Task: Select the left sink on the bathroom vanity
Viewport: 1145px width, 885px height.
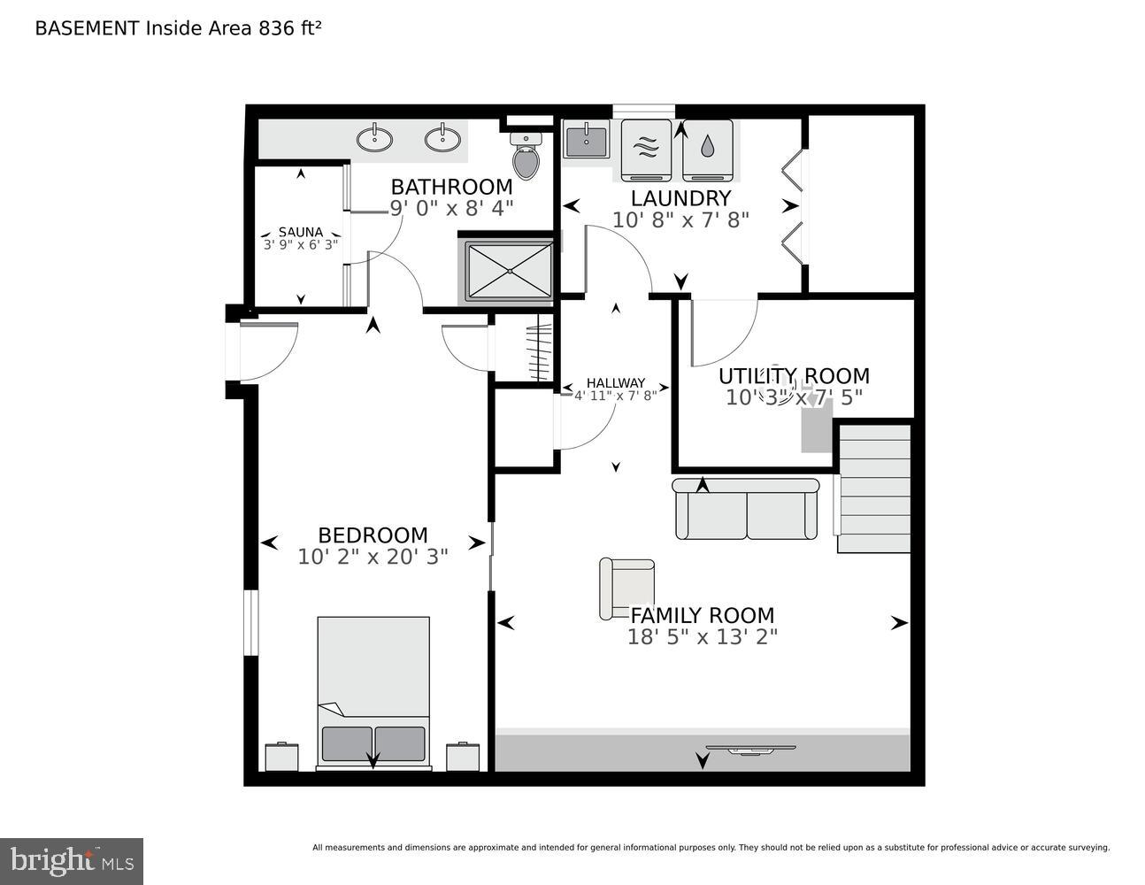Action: pos(375,139)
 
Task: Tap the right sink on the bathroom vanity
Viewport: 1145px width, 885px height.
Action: pos(442,139)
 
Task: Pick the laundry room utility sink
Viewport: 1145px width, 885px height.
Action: pos(585,140)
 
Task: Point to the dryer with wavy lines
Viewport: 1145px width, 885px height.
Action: pos(646,150)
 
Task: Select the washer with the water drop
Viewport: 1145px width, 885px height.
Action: pos(708,150)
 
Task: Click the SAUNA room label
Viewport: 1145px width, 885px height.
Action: pos(301,233)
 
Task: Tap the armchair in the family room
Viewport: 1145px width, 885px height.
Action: pos(626,589)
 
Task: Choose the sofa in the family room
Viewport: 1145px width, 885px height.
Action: pos(746,509)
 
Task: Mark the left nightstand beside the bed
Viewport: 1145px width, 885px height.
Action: pos(282,757)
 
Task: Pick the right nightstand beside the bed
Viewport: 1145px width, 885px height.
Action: pos(463,757)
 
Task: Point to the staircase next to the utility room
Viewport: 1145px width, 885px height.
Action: pos(874,489)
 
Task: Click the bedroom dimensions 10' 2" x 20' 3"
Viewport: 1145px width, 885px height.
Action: pos(373,557)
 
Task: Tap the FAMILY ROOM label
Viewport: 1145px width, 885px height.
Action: pos(702,615)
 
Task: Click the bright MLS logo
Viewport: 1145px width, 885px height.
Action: pos(72,860)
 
